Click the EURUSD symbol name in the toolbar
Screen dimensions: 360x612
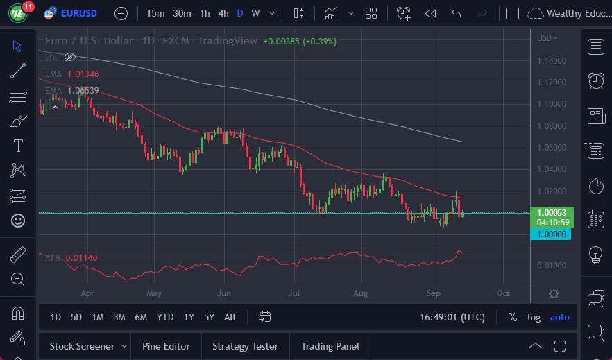(x=79, y=13)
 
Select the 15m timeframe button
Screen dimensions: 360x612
(x=156, y=13)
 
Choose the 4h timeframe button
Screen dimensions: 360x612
(x=223, y=13)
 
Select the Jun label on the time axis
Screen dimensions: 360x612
(x=223, y=293)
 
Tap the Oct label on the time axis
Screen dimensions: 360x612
(x=503, y=293)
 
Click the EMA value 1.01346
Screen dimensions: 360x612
(x=83, y=74)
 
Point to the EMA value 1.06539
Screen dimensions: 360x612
(x=83, y=91)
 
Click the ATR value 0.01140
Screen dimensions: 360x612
(x=81, y=258)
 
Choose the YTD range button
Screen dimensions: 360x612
(x=165, y=317)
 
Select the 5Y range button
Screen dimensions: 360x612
(x=209, y=317)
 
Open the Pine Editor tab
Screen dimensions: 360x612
(x=166, y=346)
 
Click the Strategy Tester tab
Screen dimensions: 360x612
(x=245, y=346)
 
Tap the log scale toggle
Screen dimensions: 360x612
(x=534, y=317)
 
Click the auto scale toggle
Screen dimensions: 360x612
(x=559, y=317)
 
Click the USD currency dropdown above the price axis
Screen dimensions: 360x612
(x=547, y=37)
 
